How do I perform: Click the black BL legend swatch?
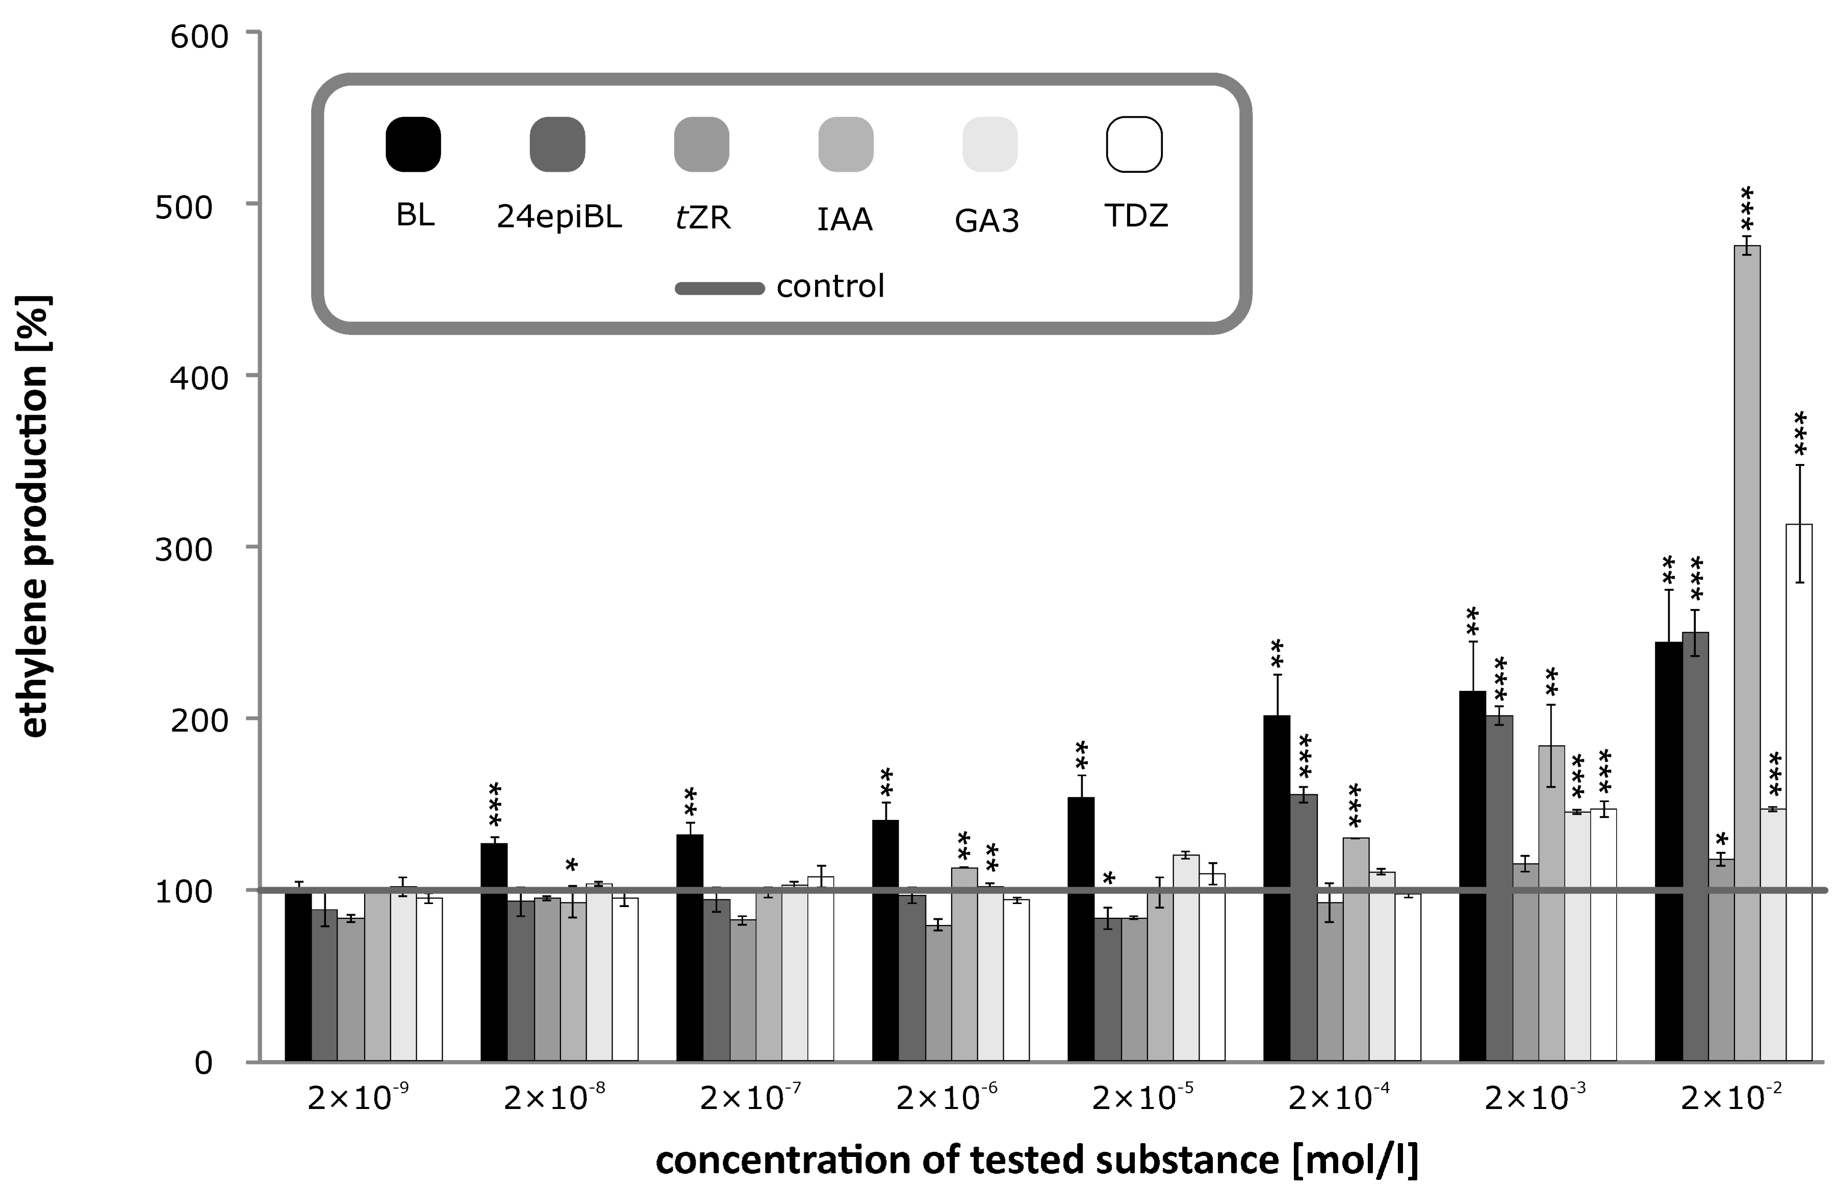tap(413, 144)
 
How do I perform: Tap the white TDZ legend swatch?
tap(1134, 144)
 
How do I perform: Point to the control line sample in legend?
tap(719, 288)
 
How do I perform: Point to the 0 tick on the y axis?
tap(202, 1063)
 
